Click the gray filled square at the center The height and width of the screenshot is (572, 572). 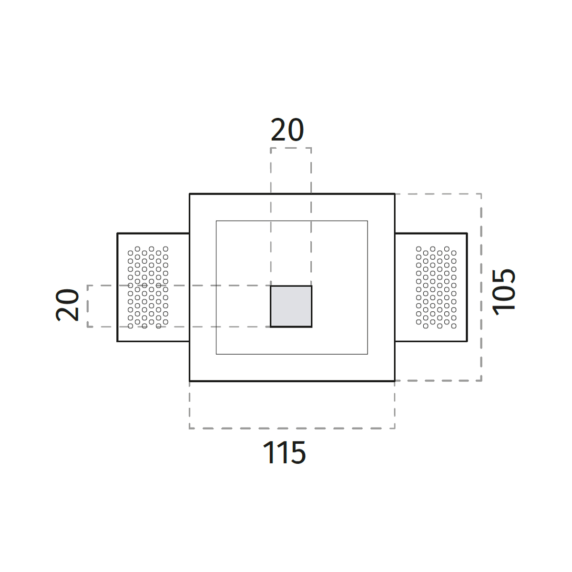(291, 306)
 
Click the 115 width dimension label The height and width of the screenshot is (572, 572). (284, 452)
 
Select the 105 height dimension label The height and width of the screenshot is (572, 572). (503, 292)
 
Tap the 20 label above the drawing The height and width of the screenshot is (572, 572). (287, 130)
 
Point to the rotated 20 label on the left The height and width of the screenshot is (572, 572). (67, 305)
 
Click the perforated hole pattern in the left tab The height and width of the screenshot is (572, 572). (148, 287)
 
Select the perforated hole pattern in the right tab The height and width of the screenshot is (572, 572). (436, 287)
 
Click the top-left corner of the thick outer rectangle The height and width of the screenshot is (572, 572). (190, 194)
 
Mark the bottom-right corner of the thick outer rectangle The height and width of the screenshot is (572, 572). (395, 381)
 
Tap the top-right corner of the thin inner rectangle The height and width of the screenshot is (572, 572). (368, 221)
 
